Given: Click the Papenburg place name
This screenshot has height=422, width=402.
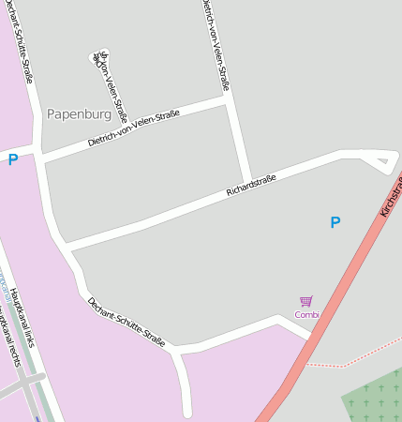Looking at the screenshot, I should coord(79,114).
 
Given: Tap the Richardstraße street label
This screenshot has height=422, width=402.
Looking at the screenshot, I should coord(251,185).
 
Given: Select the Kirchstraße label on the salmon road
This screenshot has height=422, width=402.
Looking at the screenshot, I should coord(392,194).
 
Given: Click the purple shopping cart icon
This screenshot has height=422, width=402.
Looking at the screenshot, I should coord(306,301).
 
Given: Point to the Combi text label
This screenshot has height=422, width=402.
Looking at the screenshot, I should coord(306,314).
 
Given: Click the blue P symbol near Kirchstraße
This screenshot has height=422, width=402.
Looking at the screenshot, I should coord(335,222).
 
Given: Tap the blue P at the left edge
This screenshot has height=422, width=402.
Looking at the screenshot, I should coord(13,159).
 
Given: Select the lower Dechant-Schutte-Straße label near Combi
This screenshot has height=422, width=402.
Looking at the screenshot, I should coord(126,323).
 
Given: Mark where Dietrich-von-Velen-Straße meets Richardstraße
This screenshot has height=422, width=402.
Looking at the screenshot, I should coord(247,181).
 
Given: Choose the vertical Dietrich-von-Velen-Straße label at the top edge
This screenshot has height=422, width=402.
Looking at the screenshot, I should coord(215,45).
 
